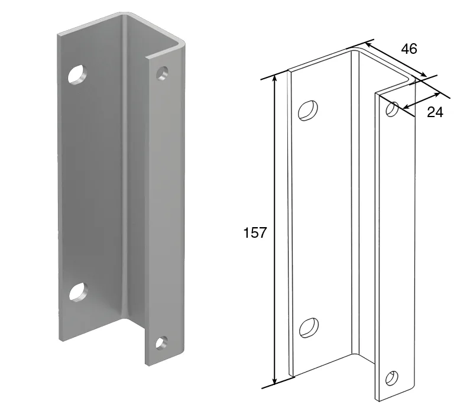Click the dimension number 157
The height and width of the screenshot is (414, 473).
point(255,232)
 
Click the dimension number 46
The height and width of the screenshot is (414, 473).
point(409,48)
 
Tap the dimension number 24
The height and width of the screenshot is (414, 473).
point(435,112)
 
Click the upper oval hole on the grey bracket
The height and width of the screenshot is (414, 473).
point(77,74)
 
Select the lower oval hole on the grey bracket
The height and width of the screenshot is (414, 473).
point(79,292)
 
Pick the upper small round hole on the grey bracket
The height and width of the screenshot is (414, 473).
point(162,73)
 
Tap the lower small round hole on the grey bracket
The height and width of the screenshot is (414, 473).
point(162,343)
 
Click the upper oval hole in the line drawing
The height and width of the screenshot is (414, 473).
point(308,111)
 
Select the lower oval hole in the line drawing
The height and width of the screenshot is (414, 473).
point(309,328)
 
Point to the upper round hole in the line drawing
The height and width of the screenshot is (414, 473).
point(392,109)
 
